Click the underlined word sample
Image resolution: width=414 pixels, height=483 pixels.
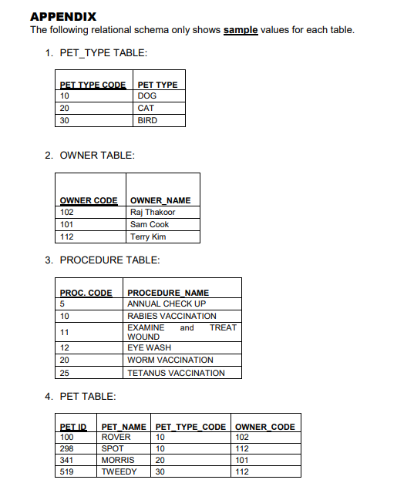coord(241,30)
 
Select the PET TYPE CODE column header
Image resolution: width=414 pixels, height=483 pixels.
coord(93,85)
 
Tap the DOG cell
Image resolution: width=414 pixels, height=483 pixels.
coord(146,96)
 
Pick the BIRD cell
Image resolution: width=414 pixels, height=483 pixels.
coord(147,120)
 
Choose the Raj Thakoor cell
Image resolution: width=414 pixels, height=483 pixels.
coord(153,212)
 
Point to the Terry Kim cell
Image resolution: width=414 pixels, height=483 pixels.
coord(148,236)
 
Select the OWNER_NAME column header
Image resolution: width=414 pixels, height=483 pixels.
coord(160,200)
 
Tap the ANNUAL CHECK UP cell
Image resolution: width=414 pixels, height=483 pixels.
coord(167,304)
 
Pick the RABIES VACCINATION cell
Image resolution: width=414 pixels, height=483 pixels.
coord(172,316)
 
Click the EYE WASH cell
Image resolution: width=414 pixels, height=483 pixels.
coord(150,347)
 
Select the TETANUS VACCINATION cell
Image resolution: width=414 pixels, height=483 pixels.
coord(177,373)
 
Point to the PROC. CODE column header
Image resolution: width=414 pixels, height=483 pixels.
coord(86,293)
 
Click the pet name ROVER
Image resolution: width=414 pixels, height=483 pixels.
coord(116,437)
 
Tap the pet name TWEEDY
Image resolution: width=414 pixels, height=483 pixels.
coord(119,471)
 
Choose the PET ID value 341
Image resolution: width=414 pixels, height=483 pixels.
coord(68,460)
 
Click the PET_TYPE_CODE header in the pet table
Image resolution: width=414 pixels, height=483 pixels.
coord(190,427)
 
